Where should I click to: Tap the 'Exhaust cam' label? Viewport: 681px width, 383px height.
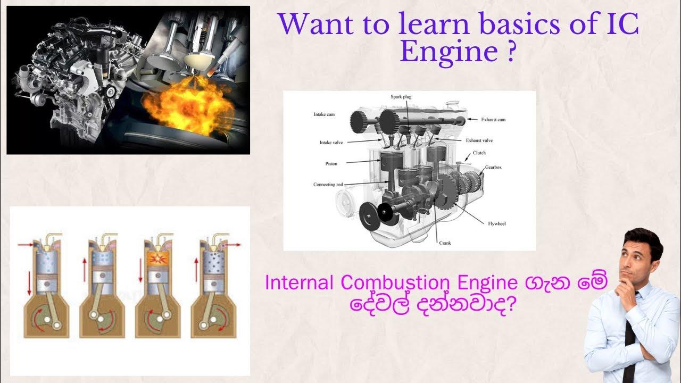click(x=493, y=120)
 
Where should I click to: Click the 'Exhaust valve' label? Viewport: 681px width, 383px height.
click(x=479, y=140)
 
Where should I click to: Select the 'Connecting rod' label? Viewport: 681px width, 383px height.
click(x=328, y=185)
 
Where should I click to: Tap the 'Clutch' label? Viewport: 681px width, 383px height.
click(x=479, y=153)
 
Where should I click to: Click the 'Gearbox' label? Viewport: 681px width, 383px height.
click(x=493, y=168)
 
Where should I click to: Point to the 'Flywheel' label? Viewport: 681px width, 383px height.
click(x=497, y=223)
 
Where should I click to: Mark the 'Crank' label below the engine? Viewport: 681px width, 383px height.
click(x=445, y=243)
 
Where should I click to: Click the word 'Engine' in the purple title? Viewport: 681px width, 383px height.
click(x=450, y=52)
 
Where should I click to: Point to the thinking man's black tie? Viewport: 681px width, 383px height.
click(x=629, y=340)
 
